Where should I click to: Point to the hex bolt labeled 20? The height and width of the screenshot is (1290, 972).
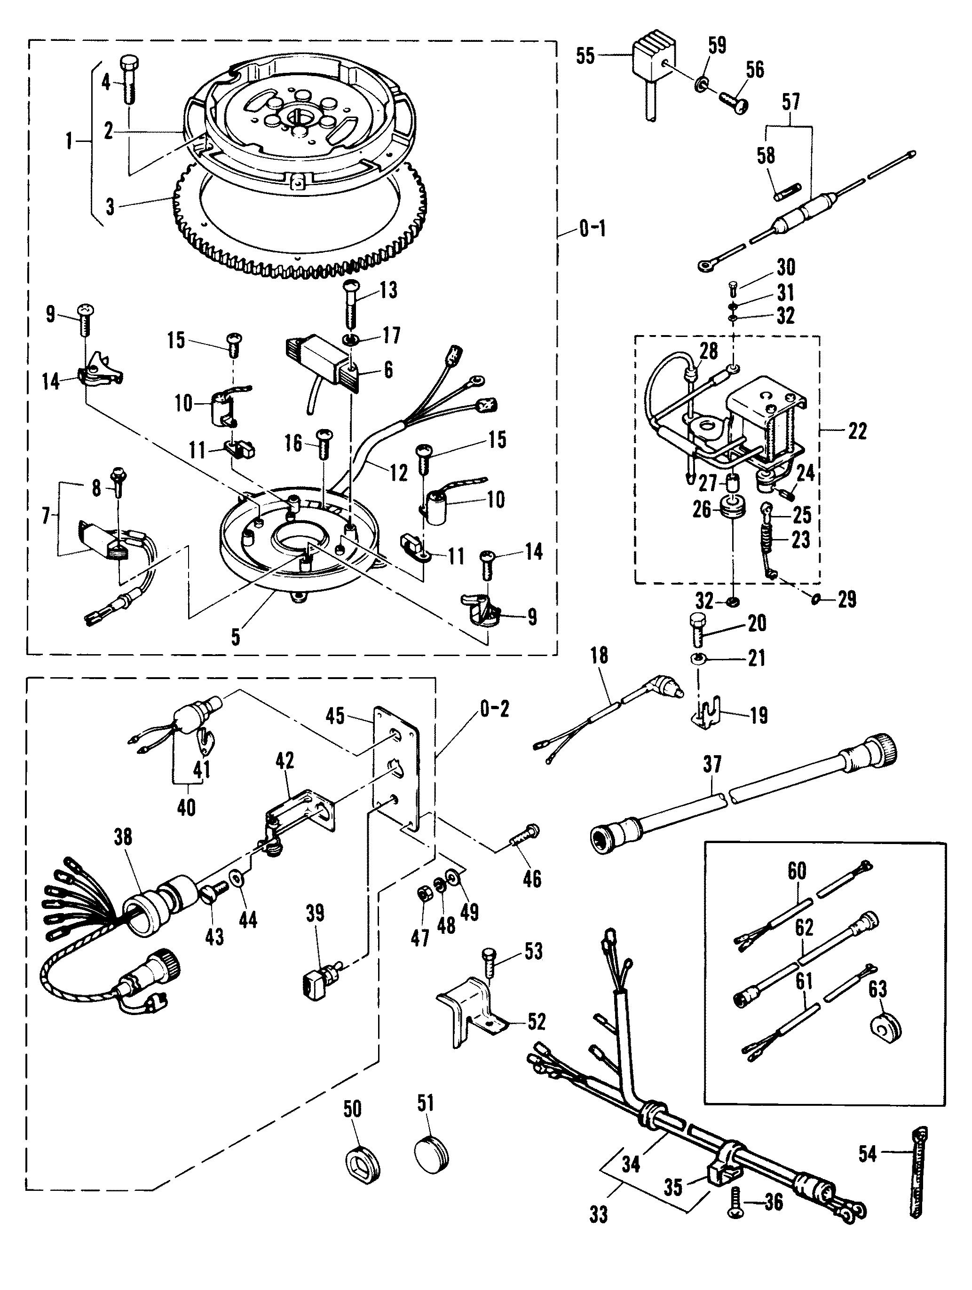[x=699, y=629]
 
